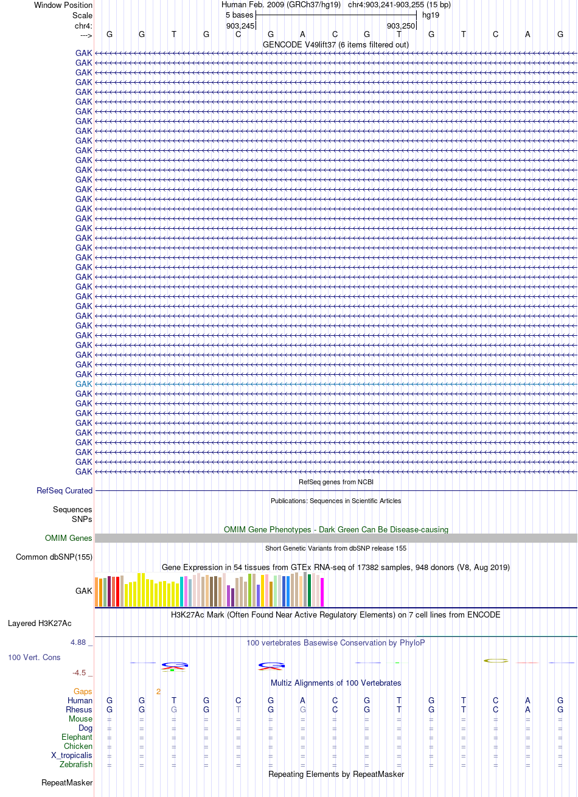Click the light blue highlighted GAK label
83,384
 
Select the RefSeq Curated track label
64,490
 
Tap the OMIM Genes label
68,538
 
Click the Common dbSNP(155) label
54,557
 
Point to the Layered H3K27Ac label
40,624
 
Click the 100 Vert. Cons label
34,657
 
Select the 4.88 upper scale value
78,642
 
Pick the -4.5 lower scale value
79,672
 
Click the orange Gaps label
83,691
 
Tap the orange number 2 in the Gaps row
158,691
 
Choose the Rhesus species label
79,709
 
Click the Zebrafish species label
76,764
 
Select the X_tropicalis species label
72,755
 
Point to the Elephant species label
77,737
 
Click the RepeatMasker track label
67,783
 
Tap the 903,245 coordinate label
240,26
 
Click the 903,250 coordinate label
401,26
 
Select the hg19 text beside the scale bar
431,15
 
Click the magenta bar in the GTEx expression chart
322,592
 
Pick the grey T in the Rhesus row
238,709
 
